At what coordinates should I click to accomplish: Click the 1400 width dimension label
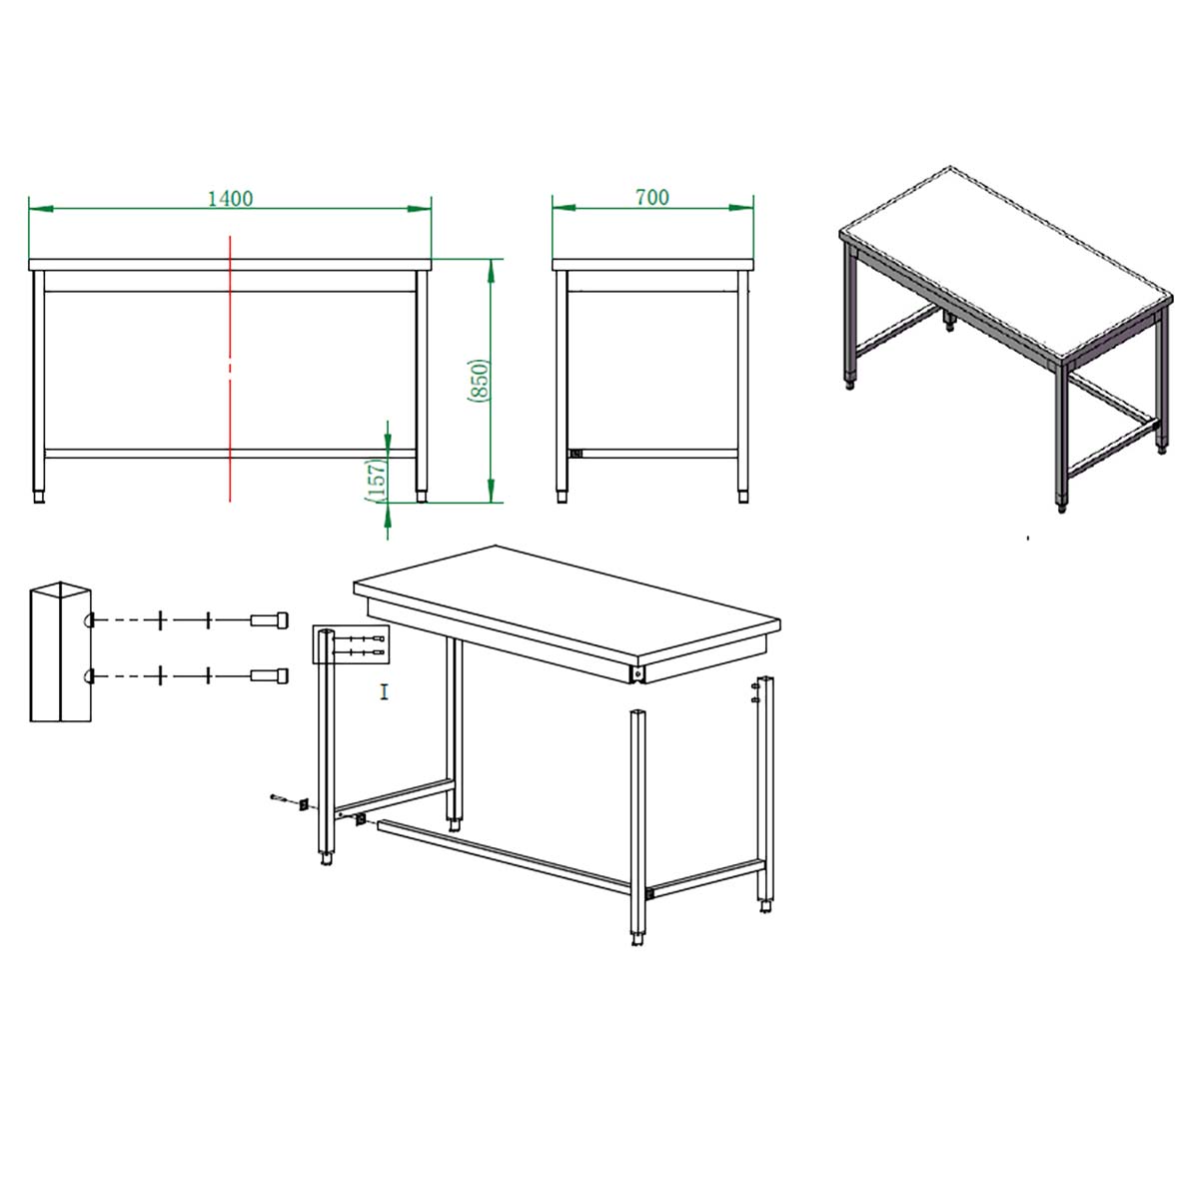(230, 199)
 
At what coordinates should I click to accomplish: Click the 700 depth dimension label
(652, 197)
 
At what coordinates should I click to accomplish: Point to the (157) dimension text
(376, 481)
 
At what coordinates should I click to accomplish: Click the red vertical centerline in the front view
(230, 369)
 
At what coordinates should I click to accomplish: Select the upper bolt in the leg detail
(270, 619)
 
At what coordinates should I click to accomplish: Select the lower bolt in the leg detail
(270, 675)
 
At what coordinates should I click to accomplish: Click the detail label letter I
(385, 691)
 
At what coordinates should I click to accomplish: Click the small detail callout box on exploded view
(351, 645)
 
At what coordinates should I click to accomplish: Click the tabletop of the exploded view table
(567, 604)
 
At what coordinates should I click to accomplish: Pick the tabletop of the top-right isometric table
(1005, 265)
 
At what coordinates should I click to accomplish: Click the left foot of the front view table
(39, 497)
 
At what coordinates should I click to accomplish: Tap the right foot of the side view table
(743, 497)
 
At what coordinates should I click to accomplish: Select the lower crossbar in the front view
(230, 454)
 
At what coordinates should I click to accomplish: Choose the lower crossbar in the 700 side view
(652, 454)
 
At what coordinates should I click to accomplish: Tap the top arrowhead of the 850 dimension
(491, 271)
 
